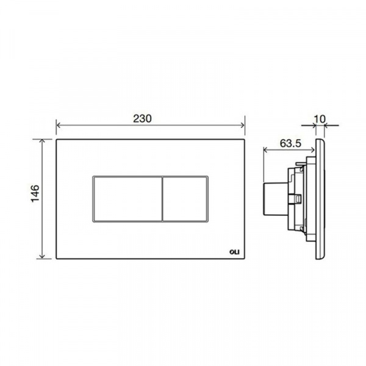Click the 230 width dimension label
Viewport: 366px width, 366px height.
(x=142, y=118)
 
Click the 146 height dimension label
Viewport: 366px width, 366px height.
(x=35, y=193)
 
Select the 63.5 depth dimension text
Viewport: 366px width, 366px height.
(x=290, y=143)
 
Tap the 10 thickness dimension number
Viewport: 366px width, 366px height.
(x=320, y=119)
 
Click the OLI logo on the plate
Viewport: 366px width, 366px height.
(x=234, y=252)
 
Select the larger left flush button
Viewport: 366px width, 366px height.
(x=127, y=199)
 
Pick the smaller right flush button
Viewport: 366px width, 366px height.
(x=184, y=199)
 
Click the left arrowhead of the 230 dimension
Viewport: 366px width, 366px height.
(x=59, y=125)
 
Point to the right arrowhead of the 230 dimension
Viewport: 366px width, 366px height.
(x=243, y=125)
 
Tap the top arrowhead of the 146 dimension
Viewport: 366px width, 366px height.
(x=42, y=141)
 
